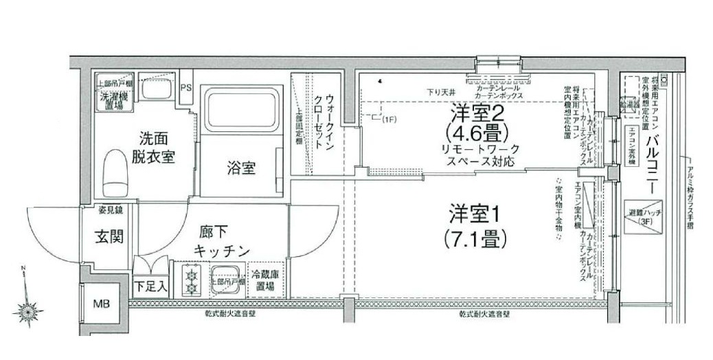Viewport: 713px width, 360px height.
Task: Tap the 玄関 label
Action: coord(109,238)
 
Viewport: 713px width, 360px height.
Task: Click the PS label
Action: coord(186,88)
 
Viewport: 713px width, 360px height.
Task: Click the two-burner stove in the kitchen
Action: coord(188,280)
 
